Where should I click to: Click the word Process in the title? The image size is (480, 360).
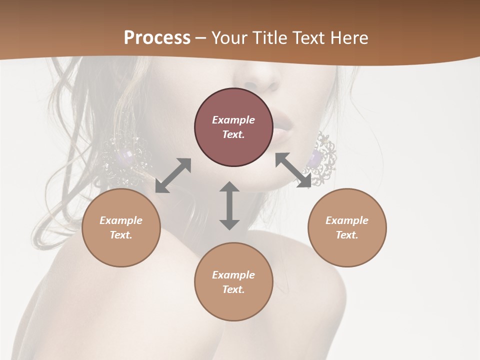(x=157, y=38)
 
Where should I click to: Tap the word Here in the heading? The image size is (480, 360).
(x=349, y=38)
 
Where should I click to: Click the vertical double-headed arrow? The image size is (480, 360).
(x=229, y=205)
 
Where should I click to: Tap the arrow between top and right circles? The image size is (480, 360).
(x=293, y=170)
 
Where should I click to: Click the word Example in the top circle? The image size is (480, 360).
(x=233, y=120)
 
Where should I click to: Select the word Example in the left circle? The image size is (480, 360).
(x=121, y=220)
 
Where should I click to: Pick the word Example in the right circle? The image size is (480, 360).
(x=347, y=220)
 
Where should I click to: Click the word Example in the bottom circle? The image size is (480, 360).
(x=233, y=275)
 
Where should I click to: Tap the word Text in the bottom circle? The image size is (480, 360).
(x=233, y=289)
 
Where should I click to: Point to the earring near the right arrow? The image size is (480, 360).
(x=323, y=157)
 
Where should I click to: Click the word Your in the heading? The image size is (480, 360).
(x=227, y=38)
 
